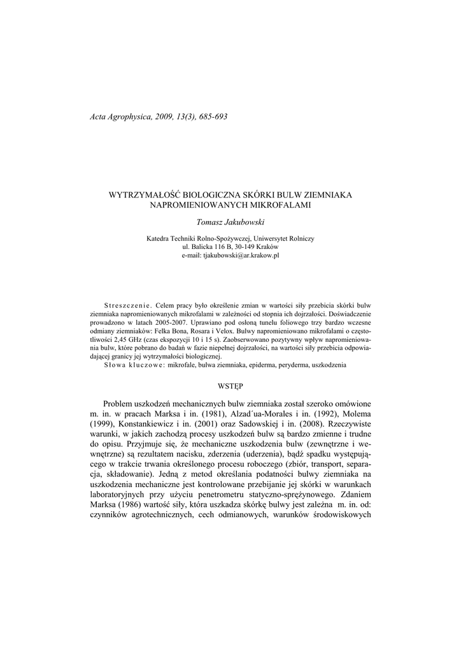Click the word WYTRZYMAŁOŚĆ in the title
click(148, 194)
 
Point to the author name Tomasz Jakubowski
click(230, 222)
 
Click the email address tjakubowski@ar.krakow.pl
click(241, 255)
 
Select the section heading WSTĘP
click(230, 386)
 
